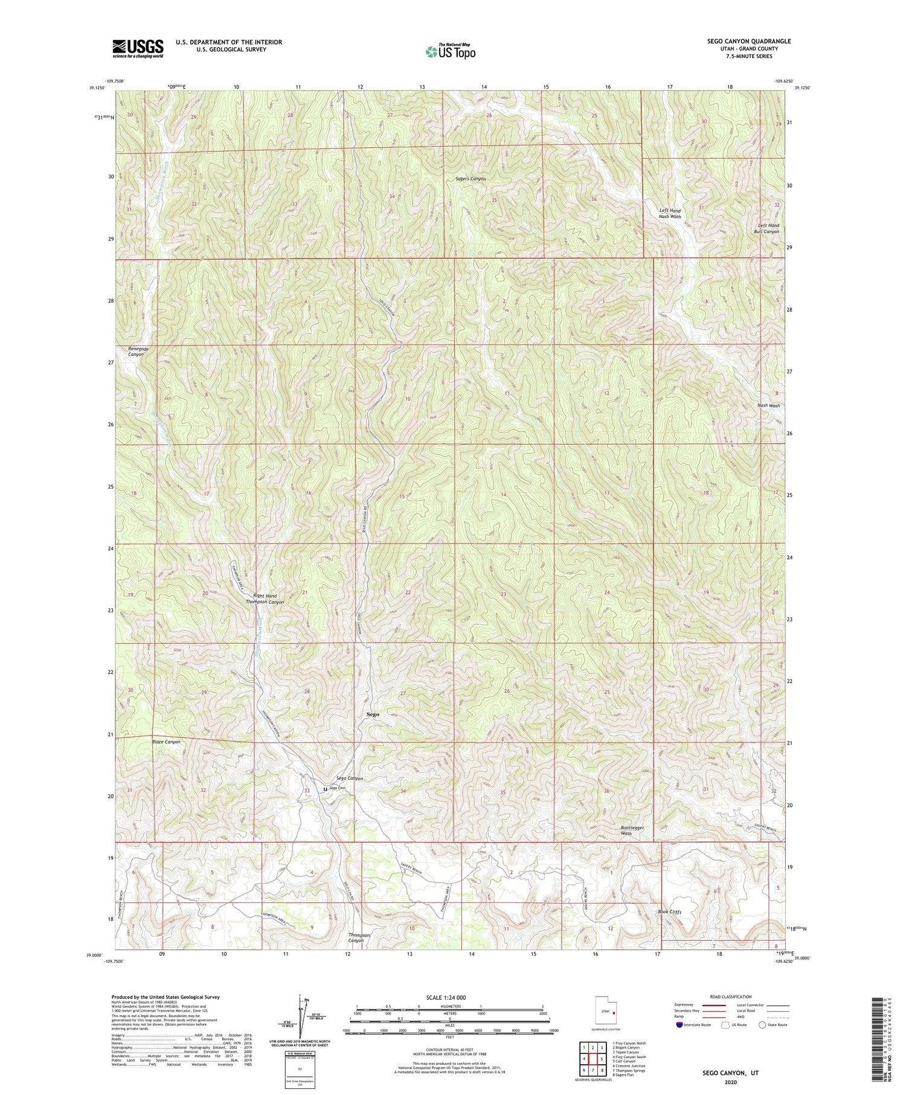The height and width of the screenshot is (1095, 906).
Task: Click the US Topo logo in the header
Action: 451,52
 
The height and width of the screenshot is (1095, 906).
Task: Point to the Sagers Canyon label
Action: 470,179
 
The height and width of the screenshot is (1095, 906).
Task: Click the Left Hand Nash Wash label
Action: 670,213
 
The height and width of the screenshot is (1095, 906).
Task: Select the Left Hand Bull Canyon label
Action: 768,228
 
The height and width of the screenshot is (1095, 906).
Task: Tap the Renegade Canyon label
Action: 138,352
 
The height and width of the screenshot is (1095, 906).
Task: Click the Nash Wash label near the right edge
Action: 768,406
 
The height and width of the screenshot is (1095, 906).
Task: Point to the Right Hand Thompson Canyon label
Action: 265,599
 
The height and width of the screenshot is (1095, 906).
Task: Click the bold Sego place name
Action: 373,714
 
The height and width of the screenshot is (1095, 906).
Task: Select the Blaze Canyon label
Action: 165,742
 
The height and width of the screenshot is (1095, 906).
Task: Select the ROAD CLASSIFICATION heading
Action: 731,997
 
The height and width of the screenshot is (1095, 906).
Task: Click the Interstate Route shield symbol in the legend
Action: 679,1025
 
